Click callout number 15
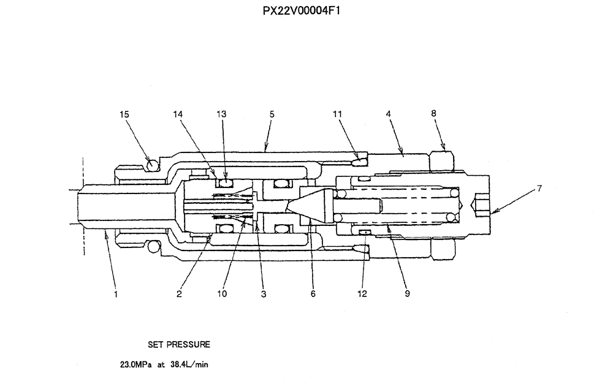click(x=126, y=114)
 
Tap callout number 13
click(x=221, y=114)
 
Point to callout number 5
click(x=272, y=114)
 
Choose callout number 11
click(x=338, y=114)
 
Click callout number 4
click(x=389, y=114)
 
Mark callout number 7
click(x=539, y=189)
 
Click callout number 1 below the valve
click(x=116, y=294)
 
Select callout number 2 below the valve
click(x=179, y=294)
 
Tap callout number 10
click(x=221, y=294)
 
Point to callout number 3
click(x=263, y=294)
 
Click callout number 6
click(x=313, y=294)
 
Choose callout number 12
click(x=362, y=294)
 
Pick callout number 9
click(x=408, y=294)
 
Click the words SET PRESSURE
click(x=179, y=345)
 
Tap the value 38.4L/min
click(x=189, y=364)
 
